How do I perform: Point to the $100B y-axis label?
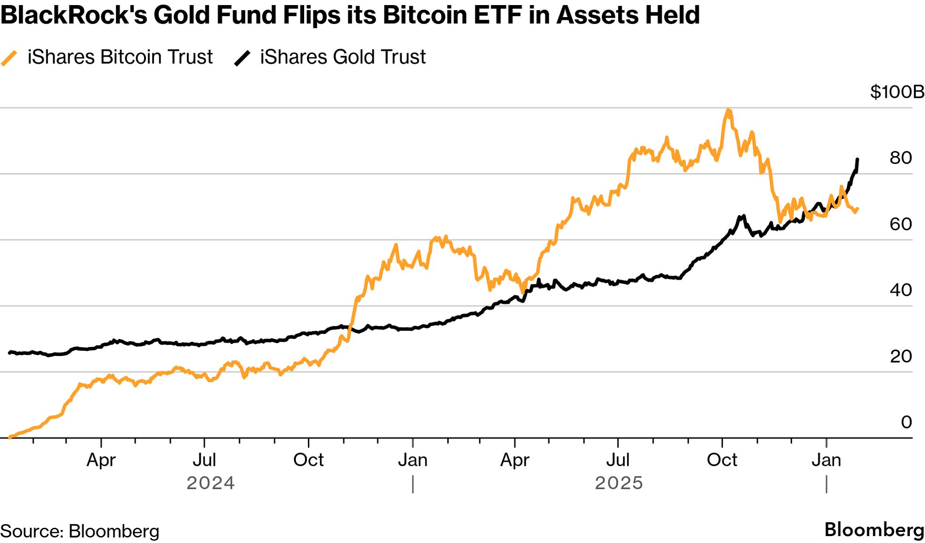pyautogui.click(x=897, y=92)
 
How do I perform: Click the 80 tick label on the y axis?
pyautogui.click(x=901, y=158)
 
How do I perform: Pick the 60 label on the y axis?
pyautogui.click(x=901, y=224)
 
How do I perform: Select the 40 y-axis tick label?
pyautogui.click(x=901, y=290)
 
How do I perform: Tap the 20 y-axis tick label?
pyautogui.click(x=901, y=356)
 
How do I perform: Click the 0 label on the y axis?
pyautogui.click(x=906, y=422)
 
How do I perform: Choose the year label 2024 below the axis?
pyautogui.click(x=210, y=483)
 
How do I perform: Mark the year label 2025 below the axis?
pyautogui.click(x=619, y=483)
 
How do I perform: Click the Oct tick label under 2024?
pyautogui.click(x=308, y=460)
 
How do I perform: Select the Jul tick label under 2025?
pyautogui.click(x=618, y=460)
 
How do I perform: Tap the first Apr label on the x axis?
pyautogui.click(x=101, y=460)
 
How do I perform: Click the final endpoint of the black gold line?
pyautogui.click(x=857, y=160)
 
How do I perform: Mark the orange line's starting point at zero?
pyautogui.click(x=10, y=437)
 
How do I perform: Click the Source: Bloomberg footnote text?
pyautogui.click(x=79, y=531)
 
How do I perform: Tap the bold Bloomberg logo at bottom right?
pyautogui.click(x=874, y=530)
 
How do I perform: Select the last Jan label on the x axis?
pyautogui.click(x=826, y=460)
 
